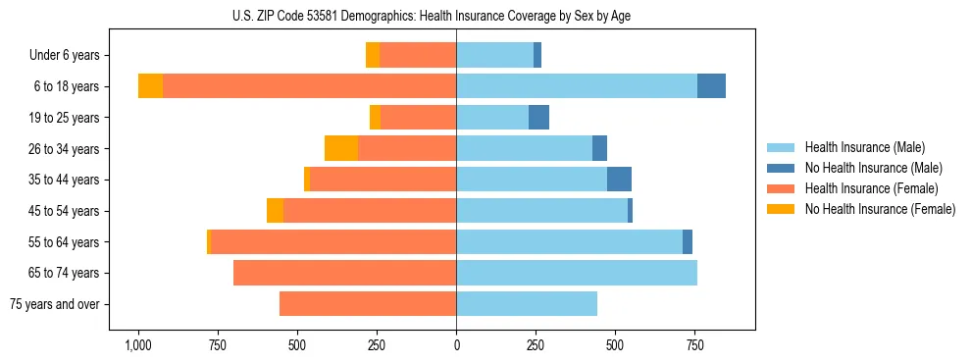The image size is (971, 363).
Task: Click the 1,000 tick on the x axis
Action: click(x=138, y=346)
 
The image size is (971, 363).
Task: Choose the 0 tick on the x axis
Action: click(x=456, y=346)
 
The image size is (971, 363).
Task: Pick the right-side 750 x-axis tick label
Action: click(x=693, y=346)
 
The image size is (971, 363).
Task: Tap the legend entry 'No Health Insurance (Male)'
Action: click(x=873, y=168)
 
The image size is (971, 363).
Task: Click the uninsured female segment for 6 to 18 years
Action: click(x=150, y=86)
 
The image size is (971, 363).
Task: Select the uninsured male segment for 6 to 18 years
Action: click(x=711, y=86)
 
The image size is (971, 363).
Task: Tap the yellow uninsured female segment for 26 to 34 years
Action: click(x=341, y=148)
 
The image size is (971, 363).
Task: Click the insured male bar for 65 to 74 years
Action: click(x=577, y=273)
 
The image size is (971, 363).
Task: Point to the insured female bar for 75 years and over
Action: click(x=368, y=304)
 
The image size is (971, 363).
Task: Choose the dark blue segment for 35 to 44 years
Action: click(x=619, y=180)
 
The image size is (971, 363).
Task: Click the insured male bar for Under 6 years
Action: click(x=494, y=55)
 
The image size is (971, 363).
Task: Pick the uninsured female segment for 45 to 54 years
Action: click(x=275, y=211)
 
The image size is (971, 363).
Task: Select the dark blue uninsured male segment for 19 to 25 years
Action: click(x=538, y=118)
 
